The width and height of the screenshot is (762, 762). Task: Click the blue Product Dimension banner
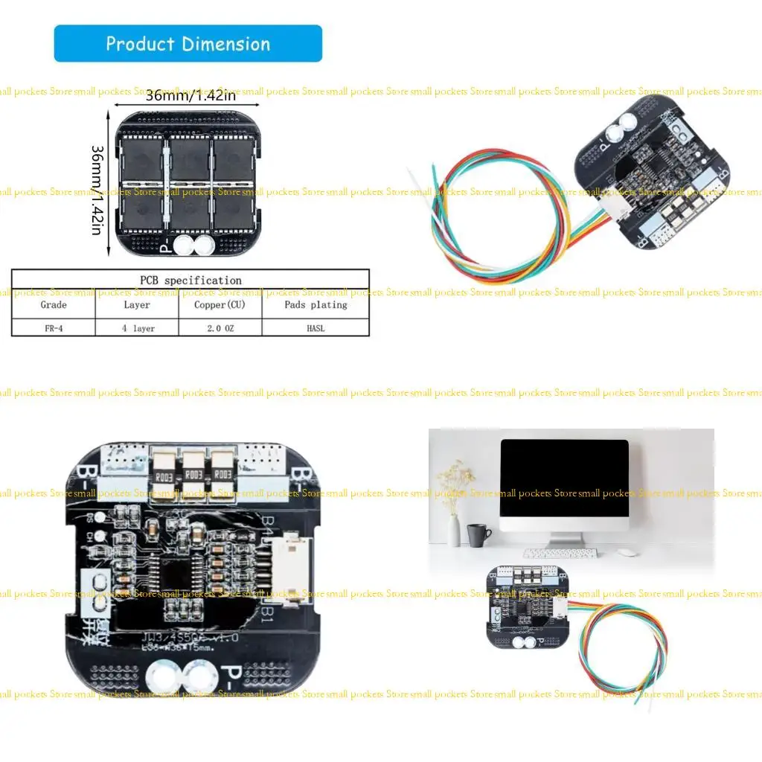click(x=188, y=43)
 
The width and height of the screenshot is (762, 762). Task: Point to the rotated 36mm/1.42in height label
click(x=97, y=189)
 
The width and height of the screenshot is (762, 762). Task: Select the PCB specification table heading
click(x=190, y=280)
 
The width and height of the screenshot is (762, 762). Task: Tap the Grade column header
click(x=54, y=304)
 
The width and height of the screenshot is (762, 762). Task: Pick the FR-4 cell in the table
click(x=54, y=327)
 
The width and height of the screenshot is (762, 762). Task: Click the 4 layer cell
click(x=138, y=327)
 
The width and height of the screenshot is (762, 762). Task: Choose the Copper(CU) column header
click(x=220, y=304)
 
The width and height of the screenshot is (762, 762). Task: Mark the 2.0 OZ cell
click(x=220, y=327)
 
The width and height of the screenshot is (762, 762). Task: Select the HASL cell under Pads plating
click(x=315, y=327)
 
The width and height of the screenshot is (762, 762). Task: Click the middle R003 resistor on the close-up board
click(x=193, y=473)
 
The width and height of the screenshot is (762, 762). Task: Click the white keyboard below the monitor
click(x=560, y=553)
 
